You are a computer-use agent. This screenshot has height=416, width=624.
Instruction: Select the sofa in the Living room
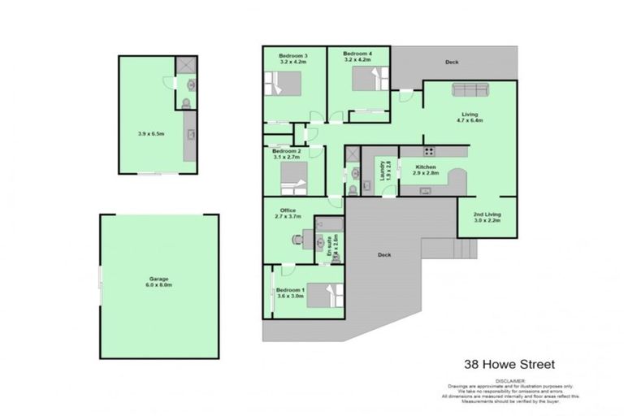470,90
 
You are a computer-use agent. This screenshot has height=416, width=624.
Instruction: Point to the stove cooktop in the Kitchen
428,151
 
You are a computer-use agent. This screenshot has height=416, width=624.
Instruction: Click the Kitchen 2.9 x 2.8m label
426,170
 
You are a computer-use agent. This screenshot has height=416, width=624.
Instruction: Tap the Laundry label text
381,171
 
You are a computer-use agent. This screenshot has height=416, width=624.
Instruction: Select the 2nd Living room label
487,217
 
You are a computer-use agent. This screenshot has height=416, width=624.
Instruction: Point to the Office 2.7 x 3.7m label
288,214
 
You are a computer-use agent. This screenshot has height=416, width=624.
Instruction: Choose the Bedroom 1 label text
290,293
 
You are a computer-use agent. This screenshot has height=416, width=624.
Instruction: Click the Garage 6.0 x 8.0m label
158,282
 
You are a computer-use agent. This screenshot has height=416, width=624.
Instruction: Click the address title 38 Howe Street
509,365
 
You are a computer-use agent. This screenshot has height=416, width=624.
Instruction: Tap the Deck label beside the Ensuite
383,255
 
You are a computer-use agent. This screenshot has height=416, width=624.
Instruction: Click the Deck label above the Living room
452,63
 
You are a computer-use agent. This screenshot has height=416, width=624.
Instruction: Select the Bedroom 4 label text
357,56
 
